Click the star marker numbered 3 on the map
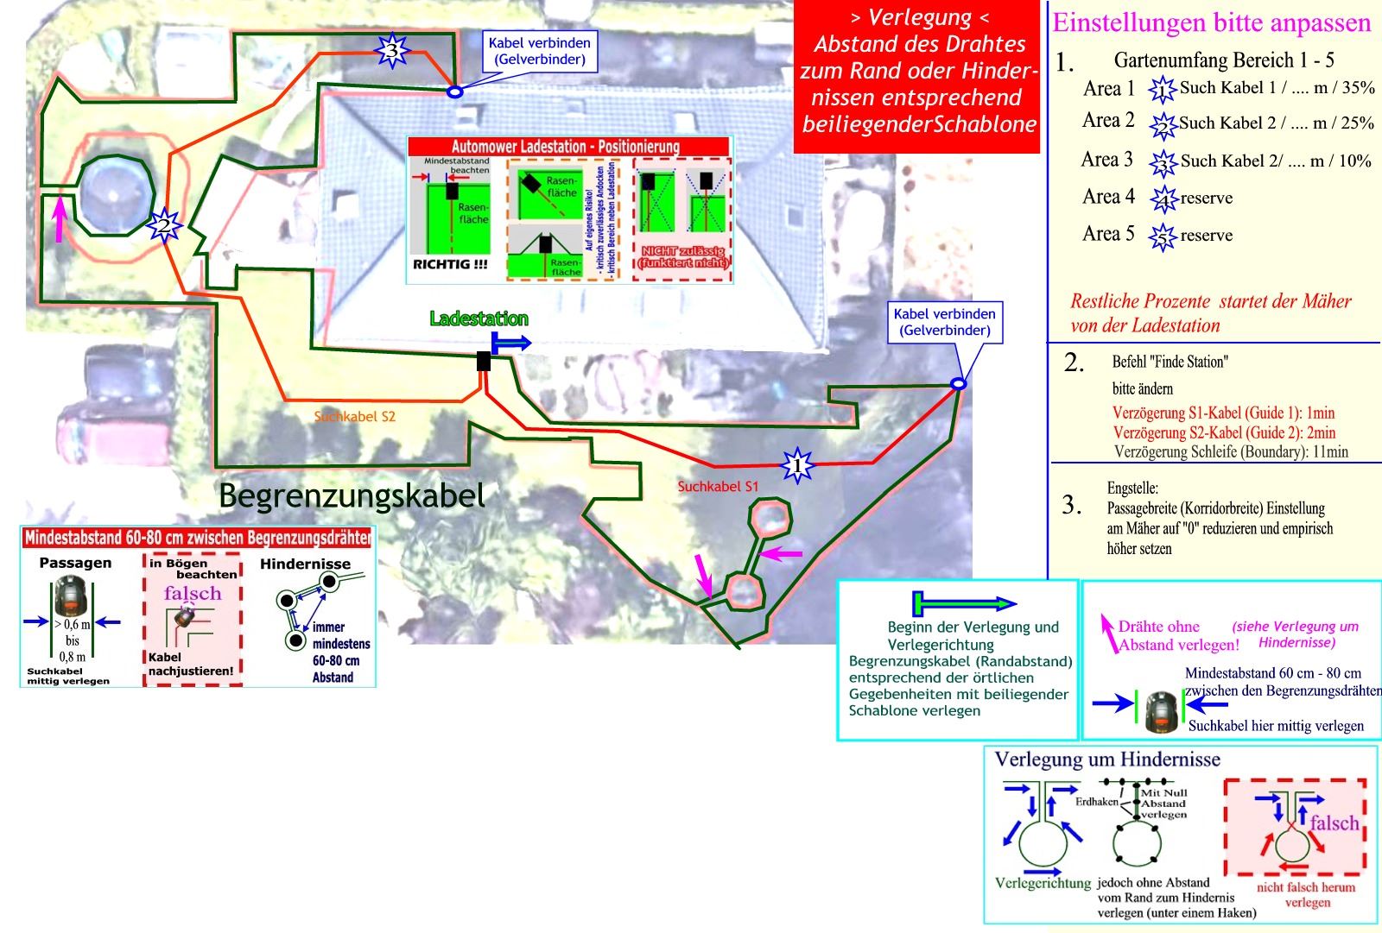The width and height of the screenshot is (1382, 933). (x=392, y=51)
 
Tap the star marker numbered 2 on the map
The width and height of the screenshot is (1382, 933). (x=163, y=226)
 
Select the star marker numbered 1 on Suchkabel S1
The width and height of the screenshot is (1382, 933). (x=796, y=466)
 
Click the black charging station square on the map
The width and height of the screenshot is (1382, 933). (x=484, y=362)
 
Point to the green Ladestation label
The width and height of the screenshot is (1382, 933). (x=479, y=319)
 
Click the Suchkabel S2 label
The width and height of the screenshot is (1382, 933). (x=354, y=417)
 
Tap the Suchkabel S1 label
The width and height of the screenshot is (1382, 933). (x=718, y=487)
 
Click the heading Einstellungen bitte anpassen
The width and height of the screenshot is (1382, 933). (x=1211, y=23)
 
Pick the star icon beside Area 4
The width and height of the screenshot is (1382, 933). (x=1163, y=199)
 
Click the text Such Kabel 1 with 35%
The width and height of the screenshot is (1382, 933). (x=1277, y=88)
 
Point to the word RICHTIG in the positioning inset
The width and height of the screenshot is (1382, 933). (x=449, y=265)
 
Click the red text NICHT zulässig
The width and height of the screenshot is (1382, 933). (x=682, y=256)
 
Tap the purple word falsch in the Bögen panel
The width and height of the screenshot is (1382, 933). (x=193, y=594)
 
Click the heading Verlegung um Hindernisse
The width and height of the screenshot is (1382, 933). (x=1107, y=760)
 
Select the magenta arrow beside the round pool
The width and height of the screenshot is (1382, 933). (x=59, y=219)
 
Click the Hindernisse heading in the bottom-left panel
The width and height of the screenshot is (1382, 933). (x=305, y=564)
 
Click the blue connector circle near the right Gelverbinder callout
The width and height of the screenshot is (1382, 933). (x=958, y=384)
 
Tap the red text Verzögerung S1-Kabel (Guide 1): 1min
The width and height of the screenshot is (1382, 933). (x=1223, y=413)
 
